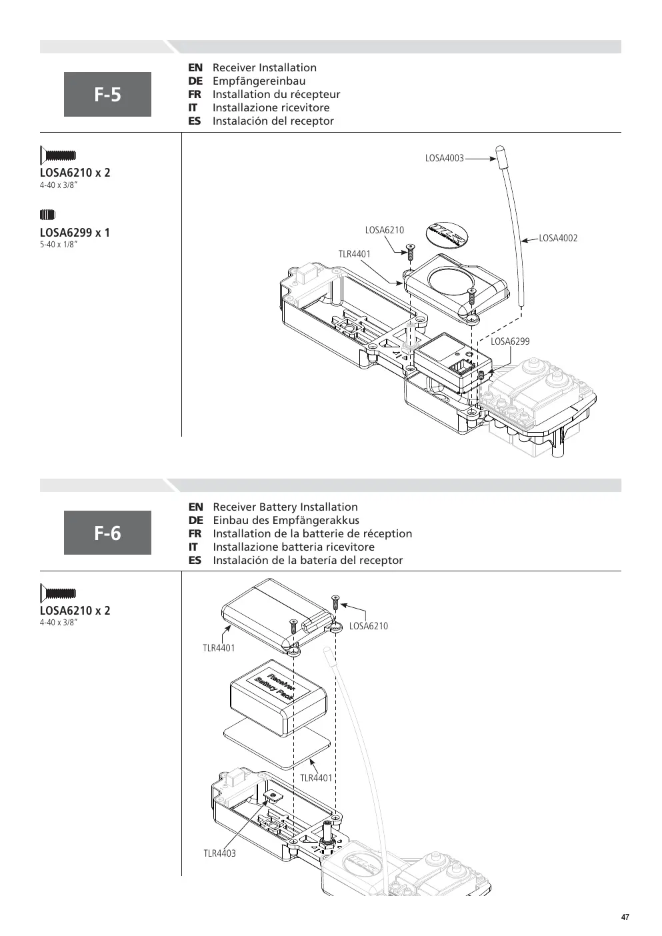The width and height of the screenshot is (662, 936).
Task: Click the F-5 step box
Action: point(107,94)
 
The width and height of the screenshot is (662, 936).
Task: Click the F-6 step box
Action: point(107,533)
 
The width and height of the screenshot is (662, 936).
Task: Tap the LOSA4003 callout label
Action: point(444,159)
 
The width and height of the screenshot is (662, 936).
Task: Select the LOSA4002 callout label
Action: point(558,238)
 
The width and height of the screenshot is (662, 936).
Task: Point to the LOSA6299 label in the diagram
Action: point(510,341)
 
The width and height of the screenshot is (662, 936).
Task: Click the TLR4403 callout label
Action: point(219,853)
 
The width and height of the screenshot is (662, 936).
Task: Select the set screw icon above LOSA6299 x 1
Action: point(47,215)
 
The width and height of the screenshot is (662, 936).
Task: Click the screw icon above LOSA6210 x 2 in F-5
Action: point(58,155)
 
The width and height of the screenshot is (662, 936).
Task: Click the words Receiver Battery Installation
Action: point(285,507)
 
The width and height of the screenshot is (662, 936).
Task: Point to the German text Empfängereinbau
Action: point(259,81)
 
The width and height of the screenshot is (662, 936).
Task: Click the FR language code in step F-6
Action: point(195,533)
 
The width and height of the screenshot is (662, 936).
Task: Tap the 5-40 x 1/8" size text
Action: point(59,245)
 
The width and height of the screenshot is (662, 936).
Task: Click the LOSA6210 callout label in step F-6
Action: point(369,626)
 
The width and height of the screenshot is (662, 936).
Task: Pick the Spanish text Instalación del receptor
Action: point(273,121)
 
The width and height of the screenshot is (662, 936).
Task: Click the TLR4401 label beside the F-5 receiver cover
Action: point(355,254)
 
